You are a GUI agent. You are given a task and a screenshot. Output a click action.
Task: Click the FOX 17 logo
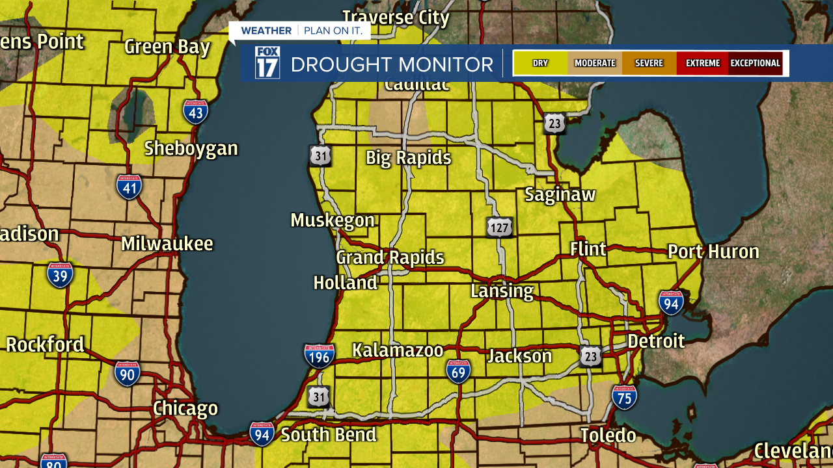point(267,63)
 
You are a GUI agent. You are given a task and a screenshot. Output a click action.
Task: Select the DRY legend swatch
point(540,63)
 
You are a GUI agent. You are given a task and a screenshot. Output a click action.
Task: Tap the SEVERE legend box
point(649,63)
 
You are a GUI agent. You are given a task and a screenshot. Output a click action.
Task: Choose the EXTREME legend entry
point(702,63)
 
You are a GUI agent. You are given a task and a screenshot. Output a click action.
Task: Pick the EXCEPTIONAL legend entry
point(755,63)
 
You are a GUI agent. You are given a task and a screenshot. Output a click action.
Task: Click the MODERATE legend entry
point(595,63)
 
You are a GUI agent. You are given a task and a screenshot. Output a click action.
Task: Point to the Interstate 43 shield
point(195,112)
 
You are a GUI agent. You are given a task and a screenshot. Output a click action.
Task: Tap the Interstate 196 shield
point(319,356)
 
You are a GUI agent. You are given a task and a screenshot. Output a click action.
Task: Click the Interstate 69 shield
point(458,370)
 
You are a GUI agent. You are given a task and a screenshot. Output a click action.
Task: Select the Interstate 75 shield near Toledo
point(624,396)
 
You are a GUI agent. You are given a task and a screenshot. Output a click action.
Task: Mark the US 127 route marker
point(499,227)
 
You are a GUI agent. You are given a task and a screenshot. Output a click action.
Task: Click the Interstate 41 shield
point(129,187)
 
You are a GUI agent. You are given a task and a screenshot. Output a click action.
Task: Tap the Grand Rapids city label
point(390,258)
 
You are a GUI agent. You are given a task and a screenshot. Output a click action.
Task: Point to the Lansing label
point(502,291)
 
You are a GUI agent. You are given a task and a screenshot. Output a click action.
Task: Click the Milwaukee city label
point(167,244)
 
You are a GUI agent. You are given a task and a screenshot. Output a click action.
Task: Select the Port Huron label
point(713,252)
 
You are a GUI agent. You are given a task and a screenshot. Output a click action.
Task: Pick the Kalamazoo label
point(398,350)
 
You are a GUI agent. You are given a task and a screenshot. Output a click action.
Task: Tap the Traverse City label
point(396,18)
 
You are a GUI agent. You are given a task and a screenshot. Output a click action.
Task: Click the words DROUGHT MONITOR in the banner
point(392,64)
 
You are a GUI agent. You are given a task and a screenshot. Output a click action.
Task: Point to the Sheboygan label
point(191,148)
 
